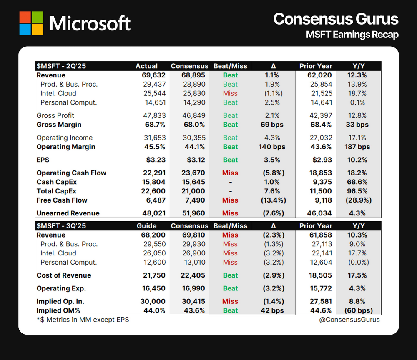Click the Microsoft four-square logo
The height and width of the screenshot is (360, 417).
tap(31, 23)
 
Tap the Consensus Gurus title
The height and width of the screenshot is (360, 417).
tap(336, 19)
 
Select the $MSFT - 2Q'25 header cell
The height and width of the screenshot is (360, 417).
tap(61, 66)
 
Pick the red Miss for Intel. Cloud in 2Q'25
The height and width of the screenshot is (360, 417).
tap(230, 93)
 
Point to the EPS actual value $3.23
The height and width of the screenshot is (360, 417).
tap(156, 160)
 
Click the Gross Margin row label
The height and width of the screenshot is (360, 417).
tap(59, 125)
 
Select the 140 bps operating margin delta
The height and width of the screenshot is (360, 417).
tap(272, 147)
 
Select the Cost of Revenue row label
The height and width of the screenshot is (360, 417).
tap(64, 275)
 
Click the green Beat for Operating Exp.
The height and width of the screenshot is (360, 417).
tap(230, 288)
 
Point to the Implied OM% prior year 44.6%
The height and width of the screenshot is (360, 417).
tap(322, 310)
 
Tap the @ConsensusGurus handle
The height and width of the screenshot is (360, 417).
tap(351, 320)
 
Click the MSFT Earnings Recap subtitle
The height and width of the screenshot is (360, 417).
tap(352, 35)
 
